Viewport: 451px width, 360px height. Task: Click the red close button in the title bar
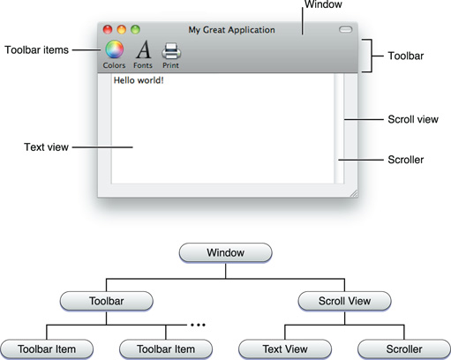tap(108, 30)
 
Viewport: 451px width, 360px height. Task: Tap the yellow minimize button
tap(122, 30)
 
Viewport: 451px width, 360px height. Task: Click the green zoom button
tap(136, 30)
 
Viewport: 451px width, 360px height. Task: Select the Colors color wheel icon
tap(114, 49)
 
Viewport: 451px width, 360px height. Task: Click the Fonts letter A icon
tap(143, 49)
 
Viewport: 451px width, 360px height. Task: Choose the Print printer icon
tap(171, 49)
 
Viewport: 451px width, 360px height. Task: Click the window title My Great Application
tap(231, 30)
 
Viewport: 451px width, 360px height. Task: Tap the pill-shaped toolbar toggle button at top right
tap(345, 30)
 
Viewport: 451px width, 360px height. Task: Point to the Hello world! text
tap(139, 80)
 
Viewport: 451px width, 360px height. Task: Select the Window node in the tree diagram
tap(225, 252)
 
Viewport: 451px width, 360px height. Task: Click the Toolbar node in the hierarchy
tap(105, 301)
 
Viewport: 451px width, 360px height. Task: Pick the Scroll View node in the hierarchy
tap(344, 301)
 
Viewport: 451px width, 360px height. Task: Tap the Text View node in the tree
tap(284, 349)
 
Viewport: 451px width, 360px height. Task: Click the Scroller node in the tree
tap(403, 349)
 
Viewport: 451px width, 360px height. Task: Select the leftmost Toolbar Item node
tap(45, 349)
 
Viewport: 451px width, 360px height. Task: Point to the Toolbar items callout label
tap(36, 49)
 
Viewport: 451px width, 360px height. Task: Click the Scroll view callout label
tap(414, 119)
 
